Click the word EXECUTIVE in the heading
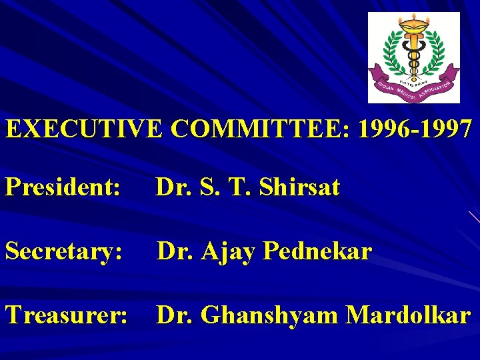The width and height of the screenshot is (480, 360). [x=83, y=129]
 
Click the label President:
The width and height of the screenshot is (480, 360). [x=63, y=188]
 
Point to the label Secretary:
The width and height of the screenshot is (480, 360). [x=64, y=251]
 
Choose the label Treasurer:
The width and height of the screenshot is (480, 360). [x=66, y=315]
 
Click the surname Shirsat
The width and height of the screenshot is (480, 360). [x=299, y=188]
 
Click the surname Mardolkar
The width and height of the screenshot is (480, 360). [x=407, y=315]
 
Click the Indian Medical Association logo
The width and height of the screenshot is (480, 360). [x=414, y=58]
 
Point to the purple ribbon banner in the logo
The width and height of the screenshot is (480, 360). [x=414, y=87]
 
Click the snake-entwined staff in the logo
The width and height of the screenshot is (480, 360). [x=413, y=57]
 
